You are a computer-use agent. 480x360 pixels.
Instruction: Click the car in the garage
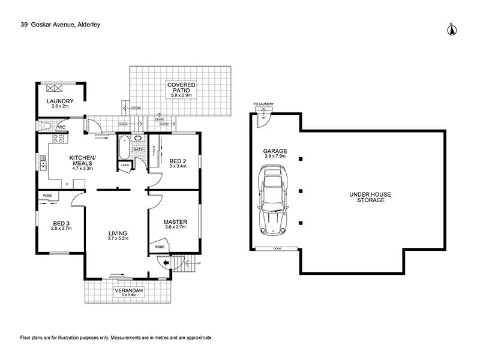pyautogui.click(x=274, y=202)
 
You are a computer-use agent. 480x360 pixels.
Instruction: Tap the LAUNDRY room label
pyautogui.click(x=62, y=101)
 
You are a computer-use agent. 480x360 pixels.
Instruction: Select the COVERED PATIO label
pyautogui.click(x=181, y=86)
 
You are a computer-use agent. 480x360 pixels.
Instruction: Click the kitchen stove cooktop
pyautogui.click(x=59, y=140)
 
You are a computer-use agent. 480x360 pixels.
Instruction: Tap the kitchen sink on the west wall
pyautogui.click(x=43, y=162)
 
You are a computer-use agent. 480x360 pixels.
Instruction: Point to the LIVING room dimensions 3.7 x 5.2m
pyautogui.click(x=118, y=239)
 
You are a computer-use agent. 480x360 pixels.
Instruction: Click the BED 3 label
pyautogui.click(x=61, y=222)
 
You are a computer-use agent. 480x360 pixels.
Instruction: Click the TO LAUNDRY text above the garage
pyautogui.click(x=263, y=104)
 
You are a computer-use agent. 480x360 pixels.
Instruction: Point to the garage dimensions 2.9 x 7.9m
pyautogui.click(x=275, y=157)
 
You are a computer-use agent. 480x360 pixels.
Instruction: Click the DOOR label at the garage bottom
pyautogui.click(x=277, y=248)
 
